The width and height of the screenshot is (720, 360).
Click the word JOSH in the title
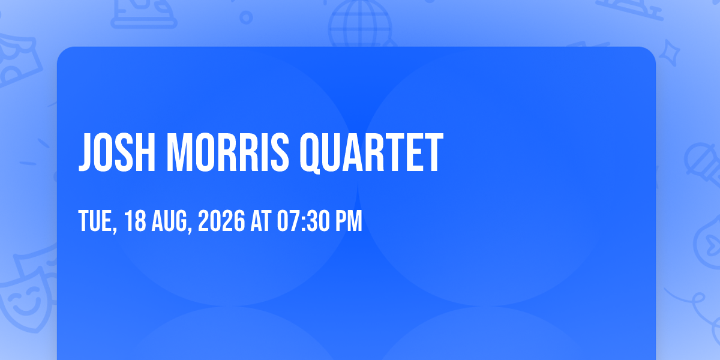(x=117, y=152)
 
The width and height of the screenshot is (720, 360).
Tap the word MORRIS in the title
(x=228, y=152)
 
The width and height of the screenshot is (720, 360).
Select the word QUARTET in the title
(x=371, y=154)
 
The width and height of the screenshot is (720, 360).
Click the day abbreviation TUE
(x=95, y=221)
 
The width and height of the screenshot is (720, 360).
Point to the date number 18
(x=135, y=221)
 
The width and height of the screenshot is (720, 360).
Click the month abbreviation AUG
(x=169, y=221)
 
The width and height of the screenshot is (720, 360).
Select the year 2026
(x=221, y=221)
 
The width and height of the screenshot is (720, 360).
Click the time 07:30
(x=304, y=221)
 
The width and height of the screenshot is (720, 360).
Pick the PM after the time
(x=349, y=221)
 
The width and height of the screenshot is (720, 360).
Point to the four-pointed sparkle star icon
(x=669, y=53)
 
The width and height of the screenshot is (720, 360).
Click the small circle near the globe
(x=246, y=17)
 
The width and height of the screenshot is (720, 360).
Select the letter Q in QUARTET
(x=310, y=154)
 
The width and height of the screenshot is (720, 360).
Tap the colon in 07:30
(x=304, y=222)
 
